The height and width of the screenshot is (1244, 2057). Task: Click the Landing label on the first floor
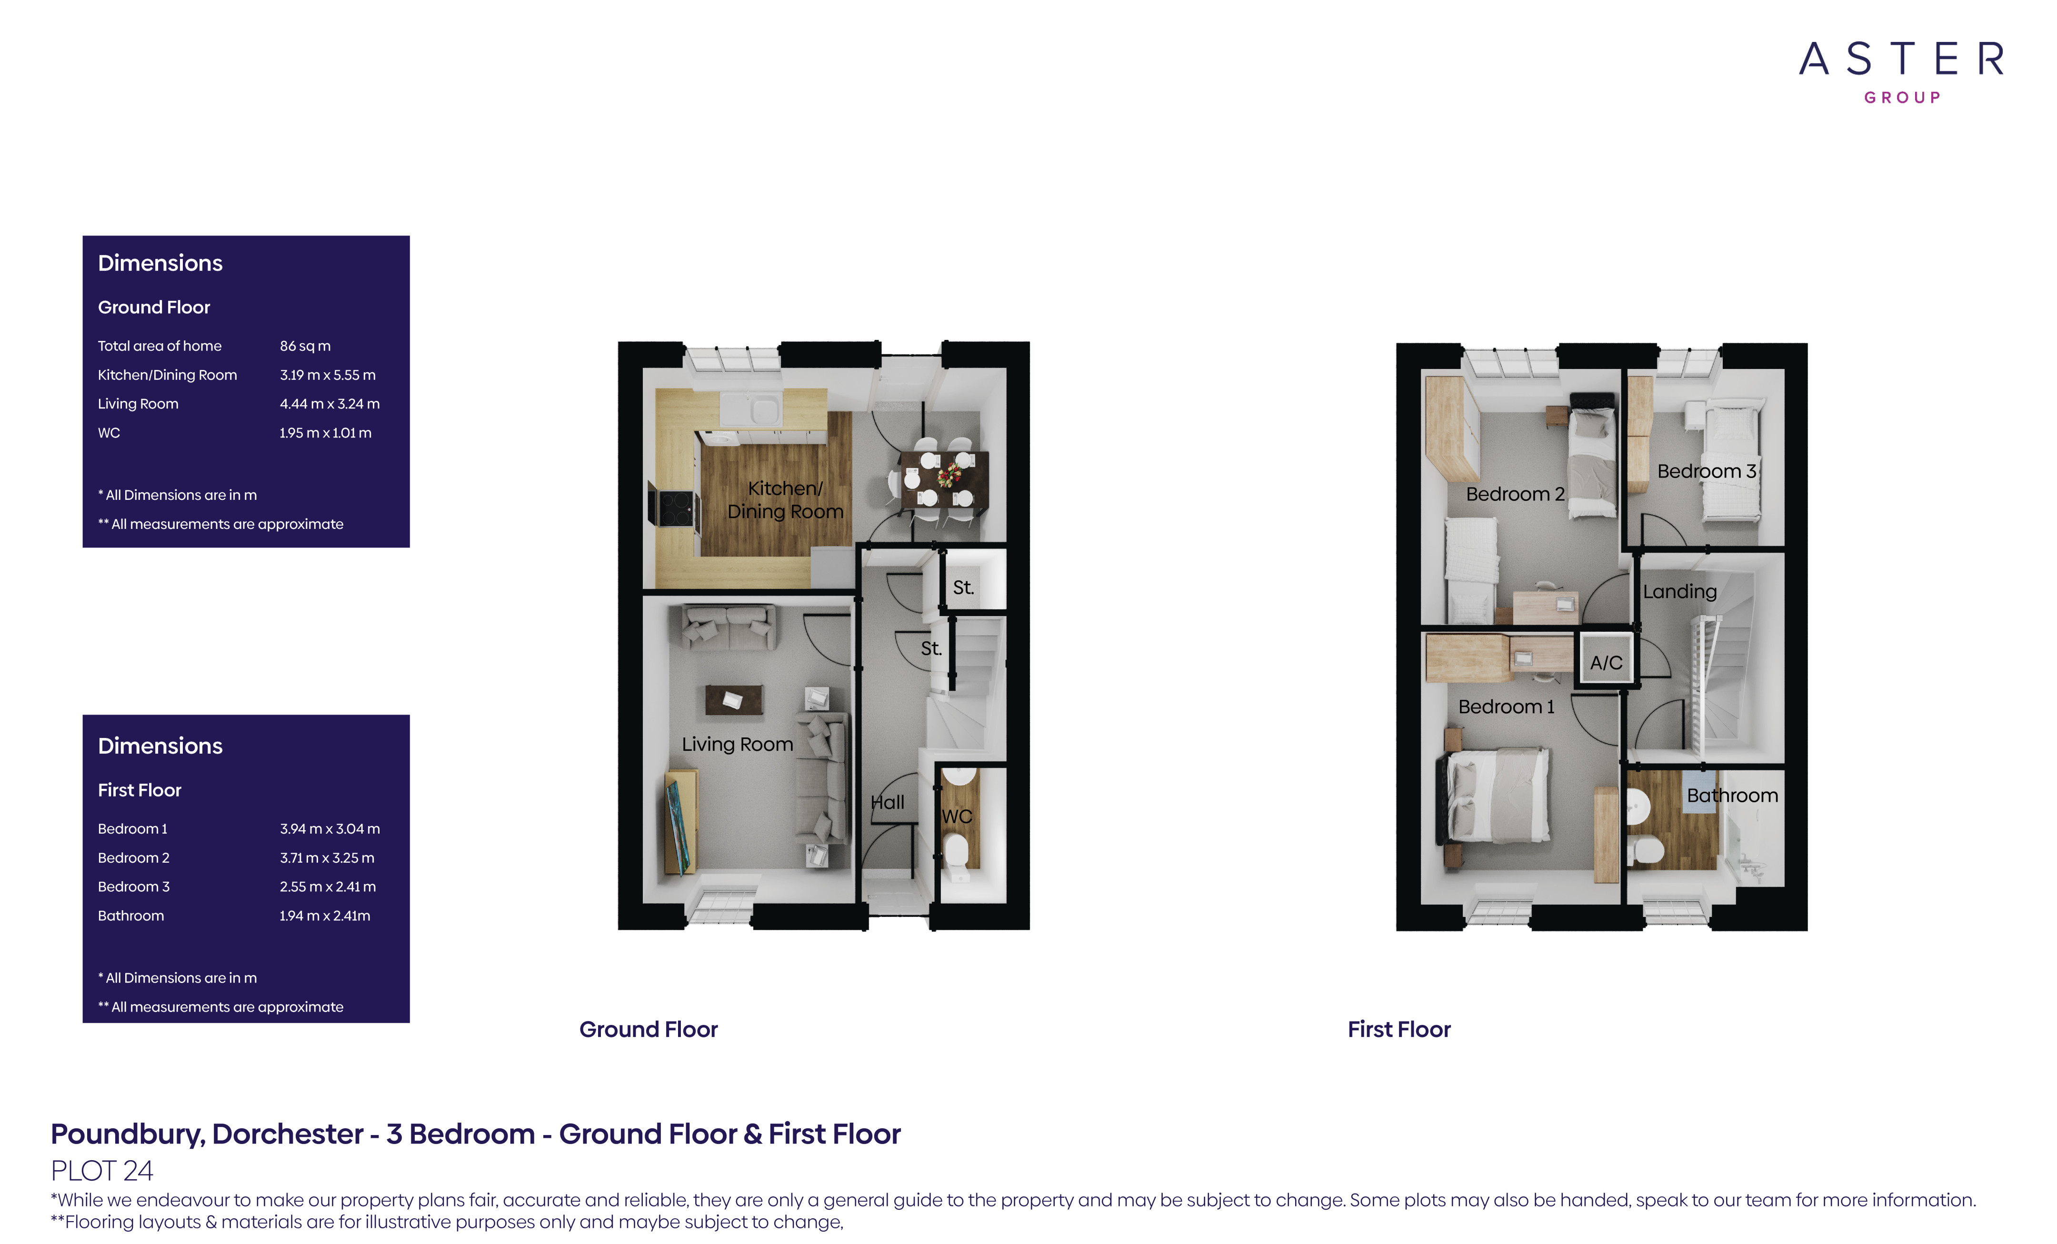point(1680,592)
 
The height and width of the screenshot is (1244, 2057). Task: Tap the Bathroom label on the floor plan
point(1732,795)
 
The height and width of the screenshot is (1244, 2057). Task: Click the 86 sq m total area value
point(305,346)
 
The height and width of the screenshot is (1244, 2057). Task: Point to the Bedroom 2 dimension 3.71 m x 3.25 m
point(327,857)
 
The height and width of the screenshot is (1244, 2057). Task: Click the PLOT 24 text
point(102,1171)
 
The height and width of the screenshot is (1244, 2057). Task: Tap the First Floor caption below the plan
point(1398,1029)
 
